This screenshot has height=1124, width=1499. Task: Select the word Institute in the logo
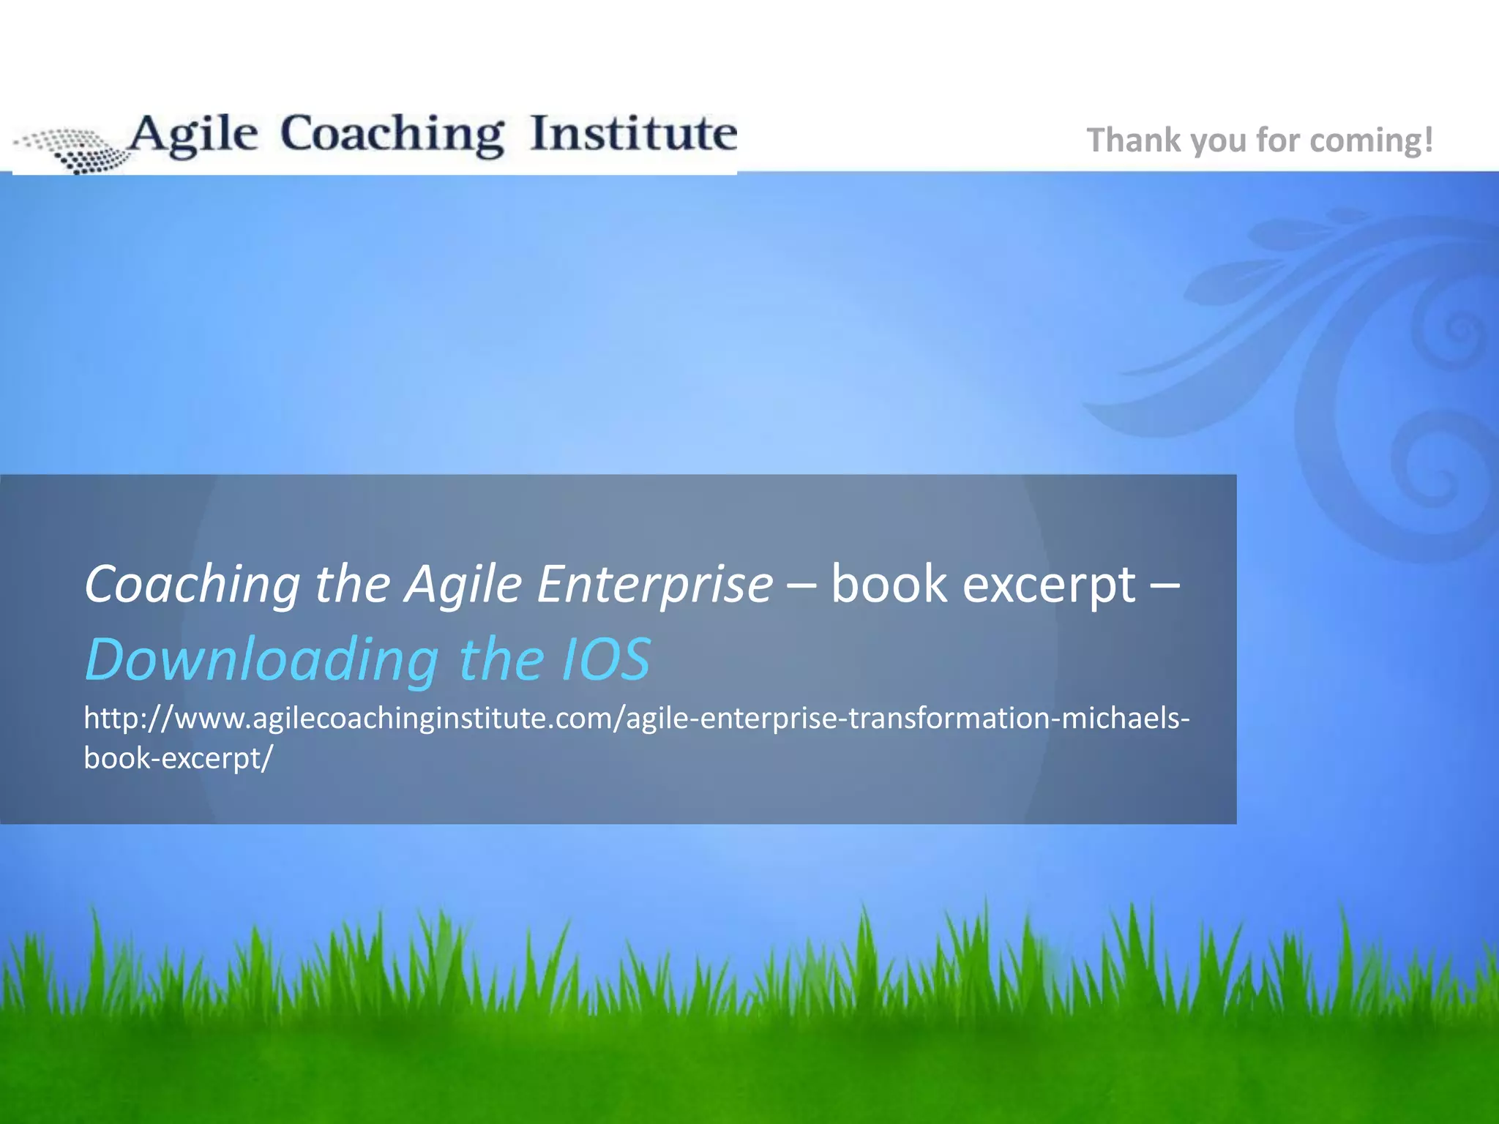(633, 135)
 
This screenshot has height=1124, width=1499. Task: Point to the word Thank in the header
(1134, 140)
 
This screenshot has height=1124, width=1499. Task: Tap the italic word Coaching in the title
(192, 585)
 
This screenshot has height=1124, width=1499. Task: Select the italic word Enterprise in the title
(654, 585)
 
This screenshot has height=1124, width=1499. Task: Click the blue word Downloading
(261, 659)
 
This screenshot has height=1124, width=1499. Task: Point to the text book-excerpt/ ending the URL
(178, 758)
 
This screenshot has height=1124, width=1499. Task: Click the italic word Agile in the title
(463, 585)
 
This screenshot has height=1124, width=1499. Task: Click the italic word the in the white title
(352, 585)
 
